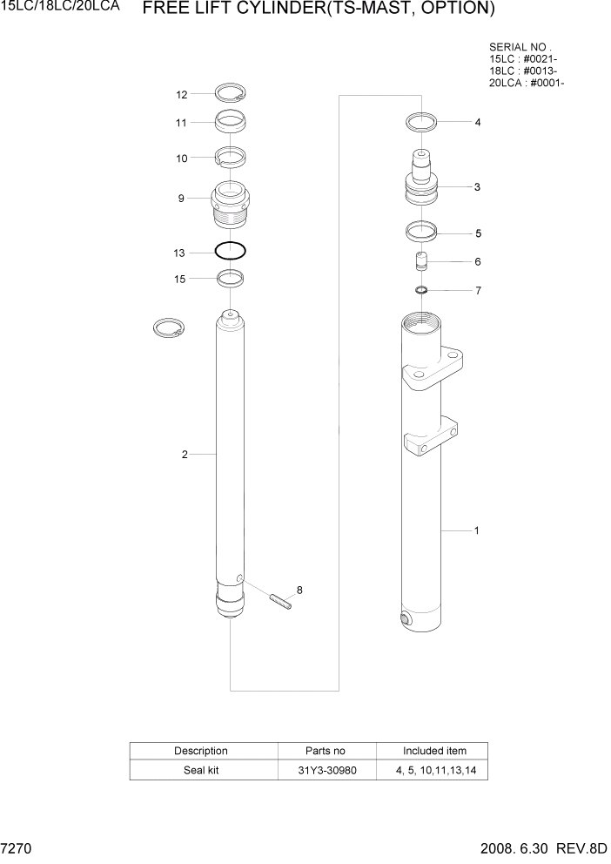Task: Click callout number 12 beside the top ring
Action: click(x=181, y=94)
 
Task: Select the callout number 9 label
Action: click(x=181, y=199)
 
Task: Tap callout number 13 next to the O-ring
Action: click(x=179, y=253)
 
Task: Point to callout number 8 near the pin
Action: click(x=299, y=591)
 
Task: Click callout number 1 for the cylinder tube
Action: click(x=476, y=530)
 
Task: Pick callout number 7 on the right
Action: click(x=477, y=291)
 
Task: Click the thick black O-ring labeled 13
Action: click(x=230, y=251)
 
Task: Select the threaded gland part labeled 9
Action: click(x=230, y=206)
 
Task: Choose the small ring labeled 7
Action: click(x=421, y=290)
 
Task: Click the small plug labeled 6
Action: click(x=421, y=261)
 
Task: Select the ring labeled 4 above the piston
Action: click(x=421, y=121)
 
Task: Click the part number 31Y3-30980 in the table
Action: click(x=326, y=770)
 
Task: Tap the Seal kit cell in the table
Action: click(x=201, y=770)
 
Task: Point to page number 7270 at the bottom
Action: click(x=17, y=849)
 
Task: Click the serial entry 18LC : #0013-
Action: click(x=523, y=71)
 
